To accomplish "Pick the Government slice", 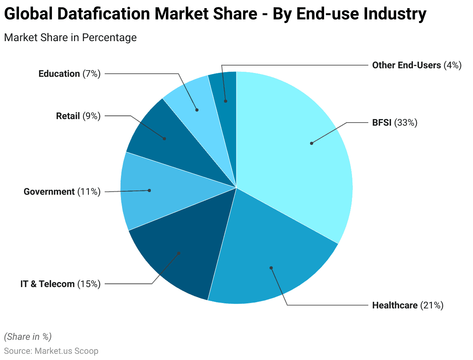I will pyautogui.click(x=155, y=192).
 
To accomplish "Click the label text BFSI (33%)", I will pyautogui.click(x=394, y=123).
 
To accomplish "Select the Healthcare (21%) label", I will pyautogui.click(x=407, y=305).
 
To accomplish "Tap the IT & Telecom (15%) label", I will pyautogui.click(x=60, y=284).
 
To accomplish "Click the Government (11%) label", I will pyautogui.click(x=62, y=191).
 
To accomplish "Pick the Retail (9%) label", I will pyautogui.click(x=78, y=116).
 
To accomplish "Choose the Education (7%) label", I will pyautogui.click(x=69, y=74).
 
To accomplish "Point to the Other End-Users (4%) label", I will pyautogui.click(x=417, y=65).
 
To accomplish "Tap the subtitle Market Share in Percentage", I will pyautogui.click(x=70, y=38).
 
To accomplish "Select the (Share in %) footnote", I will pyautogui.click(x=28, y=336).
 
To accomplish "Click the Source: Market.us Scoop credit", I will pyautogui.click(x=51, y=351).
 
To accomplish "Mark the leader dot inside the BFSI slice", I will pyautogui.click(x=311, y=143).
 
